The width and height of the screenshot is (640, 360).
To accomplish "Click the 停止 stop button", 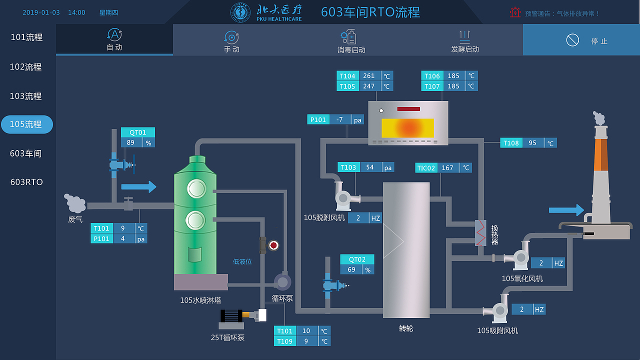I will click(581, 40).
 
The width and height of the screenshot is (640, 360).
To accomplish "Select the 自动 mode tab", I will click(114, 39).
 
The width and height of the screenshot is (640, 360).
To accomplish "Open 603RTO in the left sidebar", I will click(26, 182).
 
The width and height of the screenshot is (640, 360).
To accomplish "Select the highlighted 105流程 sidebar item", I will click(26, 124).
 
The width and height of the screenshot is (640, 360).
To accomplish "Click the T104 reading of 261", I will click(369, 76).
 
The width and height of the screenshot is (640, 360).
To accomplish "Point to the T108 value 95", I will click(532, 143).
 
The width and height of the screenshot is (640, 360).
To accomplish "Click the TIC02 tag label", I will click(426, 168).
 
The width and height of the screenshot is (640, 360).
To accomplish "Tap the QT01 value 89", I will click(131, 142).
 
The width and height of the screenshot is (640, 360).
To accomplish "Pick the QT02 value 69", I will click(351, 269).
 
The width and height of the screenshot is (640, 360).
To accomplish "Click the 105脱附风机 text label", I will click(324, 217).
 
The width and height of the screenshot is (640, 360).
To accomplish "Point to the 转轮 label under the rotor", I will click(406, 328).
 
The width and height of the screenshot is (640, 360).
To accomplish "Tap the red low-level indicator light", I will click(273, 245).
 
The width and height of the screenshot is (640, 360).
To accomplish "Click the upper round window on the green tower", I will click(195, 188).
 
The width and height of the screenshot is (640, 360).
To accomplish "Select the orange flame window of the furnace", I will click(407, 128).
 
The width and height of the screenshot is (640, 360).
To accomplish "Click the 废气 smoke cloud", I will click(75, 203).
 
